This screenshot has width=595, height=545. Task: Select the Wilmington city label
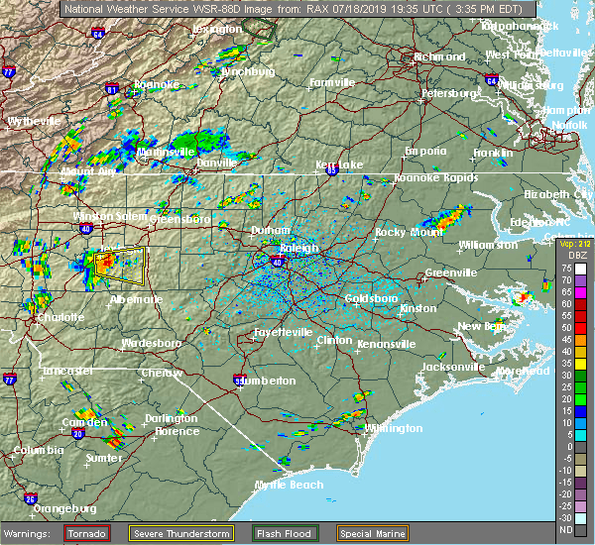394,428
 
